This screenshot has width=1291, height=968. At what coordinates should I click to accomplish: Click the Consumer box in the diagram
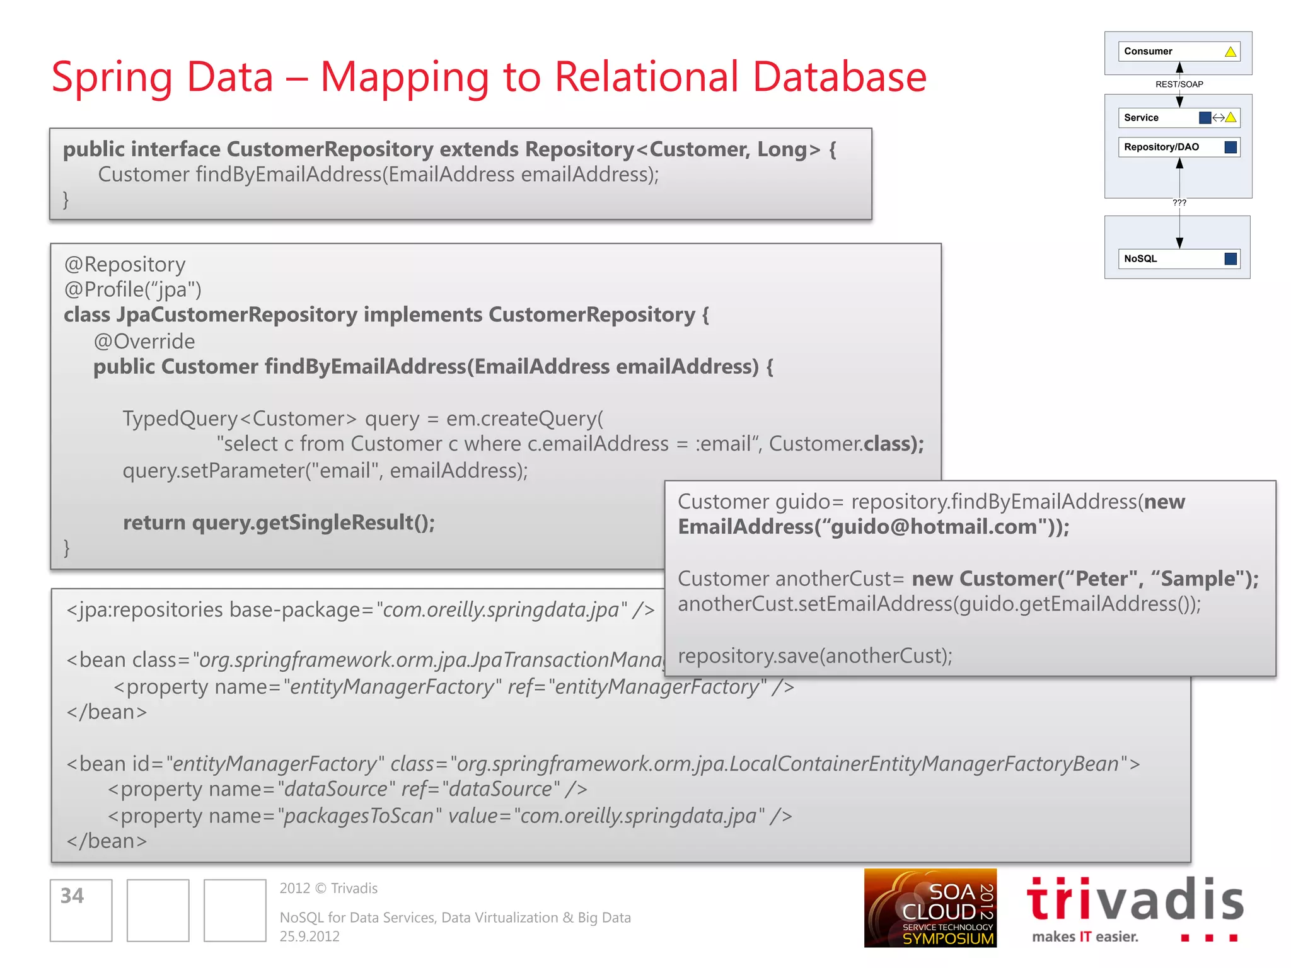[1178, 52]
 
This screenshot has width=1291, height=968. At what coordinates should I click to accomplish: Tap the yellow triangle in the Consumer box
[1230, 52]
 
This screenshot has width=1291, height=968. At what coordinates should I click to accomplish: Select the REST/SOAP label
[1179, 84]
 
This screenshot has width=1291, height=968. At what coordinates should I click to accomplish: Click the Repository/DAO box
[1178, 147]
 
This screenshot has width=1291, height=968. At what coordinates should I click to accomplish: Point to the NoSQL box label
[1140, 259]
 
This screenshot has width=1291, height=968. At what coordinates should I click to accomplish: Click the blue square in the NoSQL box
[1230, 259]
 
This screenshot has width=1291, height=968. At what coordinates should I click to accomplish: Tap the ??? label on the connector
[1179, 203]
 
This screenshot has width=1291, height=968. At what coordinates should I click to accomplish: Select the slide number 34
[72, 896]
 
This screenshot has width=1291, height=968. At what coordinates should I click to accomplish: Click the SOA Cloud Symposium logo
[930, 908]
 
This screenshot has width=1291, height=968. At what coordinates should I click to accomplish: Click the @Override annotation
[144, 342]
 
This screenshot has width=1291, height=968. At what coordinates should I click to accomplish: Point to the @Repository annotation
[125, 265]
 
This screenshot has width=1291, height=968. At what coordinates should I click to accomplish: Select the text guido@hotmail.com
[933, 527]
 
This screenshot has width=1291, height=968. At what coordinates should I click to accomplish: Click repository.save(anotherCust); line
[814, 656]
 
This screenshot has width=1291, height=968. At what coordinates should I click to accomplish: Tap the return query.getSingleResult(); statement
[279, 522]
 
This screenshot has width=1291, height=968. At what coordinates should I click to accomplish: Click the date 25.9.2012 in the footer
[310, 936]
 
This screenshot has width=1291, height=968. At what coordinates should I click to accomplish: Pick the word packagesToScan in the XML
[359, 816]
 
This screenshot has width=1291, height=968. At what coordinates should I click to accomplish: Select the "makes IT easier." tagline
[1085, 936]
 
